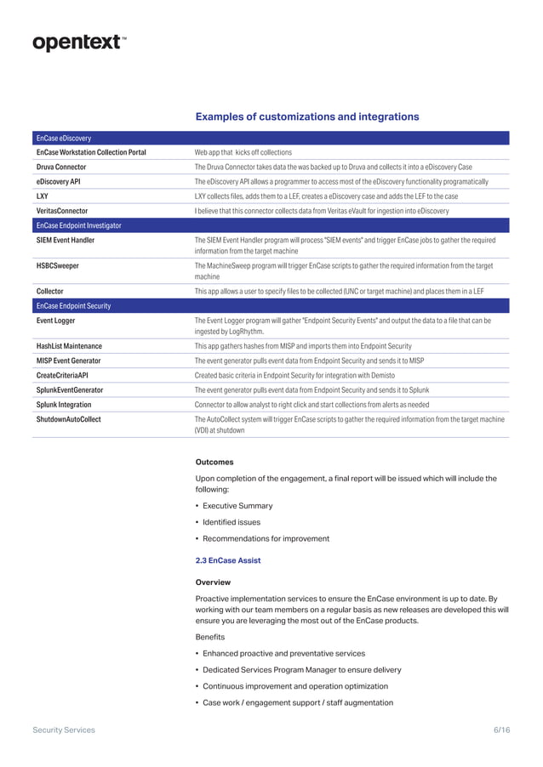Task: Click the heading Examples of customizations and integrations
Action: [x=307, y=116]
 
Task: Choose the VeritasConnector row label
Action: [x=62, y=210]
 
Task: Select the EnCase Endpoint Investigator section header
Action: [x=78, y=225]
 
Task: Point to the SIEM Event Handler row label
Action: [x=66, y=241]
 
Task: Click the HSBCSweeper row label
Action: [x=58, y=265]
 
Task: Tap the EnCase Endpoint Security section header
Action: [x=73, y=305]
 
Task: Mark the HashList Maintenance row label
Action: [x=69, y=346]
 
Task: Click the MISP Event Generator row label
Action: [x=68, y=361]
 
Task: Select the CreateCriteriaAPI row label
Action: [x=62, y=375]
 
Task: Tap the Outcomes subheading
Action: [x=214, y=463]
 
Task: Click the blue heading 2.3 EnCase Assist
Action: [x=228, y=560]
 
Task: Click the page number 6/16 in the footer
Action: [x=501, y=730]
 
